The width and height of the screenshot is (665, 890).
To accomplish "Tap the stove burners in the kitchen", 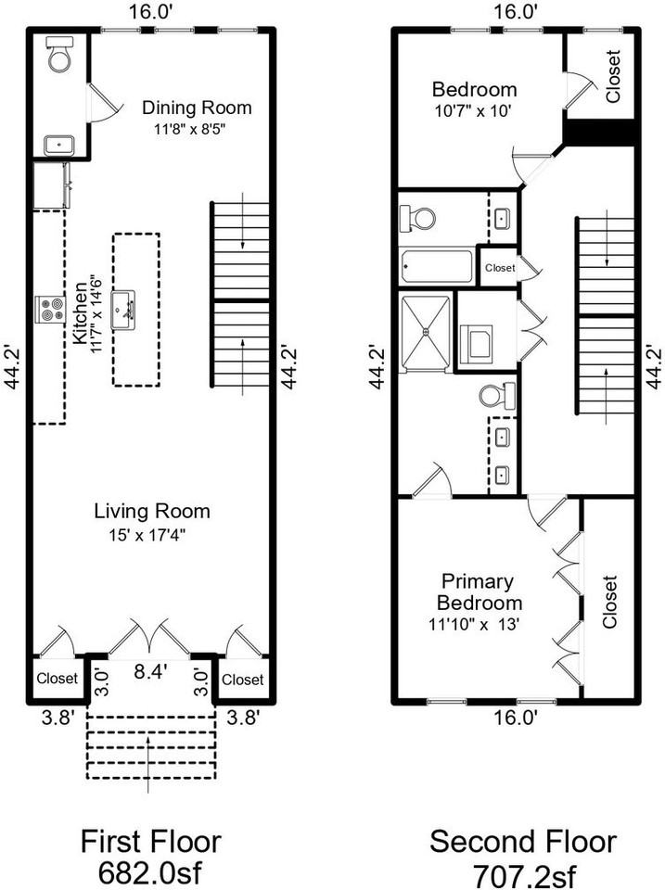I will [x=48, y=309].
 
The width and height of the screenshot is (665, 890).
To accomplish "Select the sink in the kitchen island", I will [x=123, y=309].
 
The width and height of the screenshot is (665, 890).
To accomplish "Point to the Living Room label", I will [x=152, y=511].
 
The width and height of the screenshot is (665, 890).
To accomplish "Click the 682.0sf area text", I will [x=150, y=872].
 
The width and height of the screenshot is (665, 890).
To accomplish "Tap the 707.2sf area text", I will [x=522, y=872].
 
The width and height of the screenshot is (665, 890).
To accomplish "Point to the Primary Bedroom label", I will [x=477, y=592].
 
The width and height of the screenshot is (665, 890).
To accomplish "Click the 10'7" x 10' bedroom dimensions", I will [x=473, y=110].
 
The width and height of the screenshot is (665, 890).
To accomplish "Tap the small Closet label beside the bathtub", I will [x=499, y=268].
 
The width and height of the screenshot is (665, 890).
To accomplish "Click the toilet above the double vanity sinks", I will [x=497, y=396].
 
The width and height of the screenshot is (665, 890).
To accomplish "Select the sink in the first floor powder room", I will [x=59, y=144].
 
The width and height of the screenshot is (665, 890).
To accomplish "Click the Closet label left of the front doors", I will [x=57, y=680].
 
